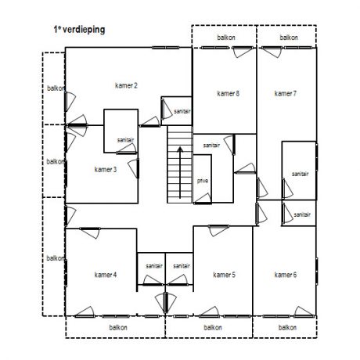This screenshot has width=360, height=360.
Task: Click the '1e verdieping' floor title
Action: click(79, 30)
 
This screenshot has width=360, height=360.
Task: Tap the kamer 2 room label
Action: click(126, 85)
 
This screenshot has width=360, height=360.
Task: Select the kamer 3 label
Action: click(106, 170)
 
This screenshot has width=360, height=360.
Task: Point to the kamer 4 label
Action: click(106, 275)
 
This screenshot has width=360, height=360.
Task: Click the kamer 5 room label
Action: click(224, 275)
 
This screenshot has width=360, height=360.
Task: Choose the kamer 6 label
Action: click(286, 275)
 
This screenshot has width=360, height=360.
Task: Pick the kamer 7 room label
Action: click(286, 93)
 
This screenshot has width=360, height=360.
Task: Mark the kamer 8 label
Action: click(228, 93)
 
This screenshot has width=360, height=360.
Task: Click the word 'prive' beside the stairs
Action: click(203, 181)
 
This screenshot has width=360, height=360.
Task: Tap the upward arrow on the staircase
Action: click(180, 173)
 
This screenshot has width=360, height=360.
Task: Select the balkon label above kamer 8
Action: click(226, 38)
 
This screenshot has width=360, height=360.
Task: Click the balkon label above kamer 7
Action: click(289, 38)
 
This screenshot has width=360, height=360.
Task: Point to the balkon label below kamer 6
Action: click(287, 327)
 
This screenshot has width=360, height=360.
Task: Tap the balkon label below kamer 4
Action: click(118, 327)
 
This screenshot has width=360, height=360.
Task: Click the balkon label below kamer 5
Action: click(213, 327)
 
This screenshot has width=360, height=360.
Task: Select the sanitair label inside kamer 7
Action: click(300, 174)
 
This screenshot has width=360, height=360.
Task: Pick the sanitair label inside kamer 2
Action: click(182, 111)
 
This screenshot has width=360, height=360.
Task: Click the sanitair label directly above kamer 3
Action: click(125, 140)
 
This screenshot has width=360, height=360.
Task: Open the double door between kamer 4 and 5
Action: click(166, 303)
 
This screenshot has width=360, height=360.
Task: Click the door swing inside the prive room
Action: click(203, 199)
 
